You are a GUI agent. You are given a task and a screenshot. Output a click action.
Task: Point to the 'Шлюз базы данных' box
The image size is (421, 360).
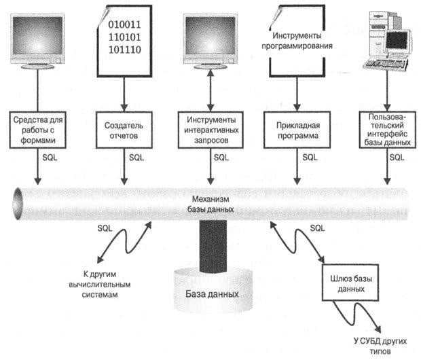[348, 280]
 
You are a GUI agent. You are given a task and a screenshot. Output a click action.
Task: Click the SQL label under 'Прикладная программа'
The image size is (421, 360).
[310, 158]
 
